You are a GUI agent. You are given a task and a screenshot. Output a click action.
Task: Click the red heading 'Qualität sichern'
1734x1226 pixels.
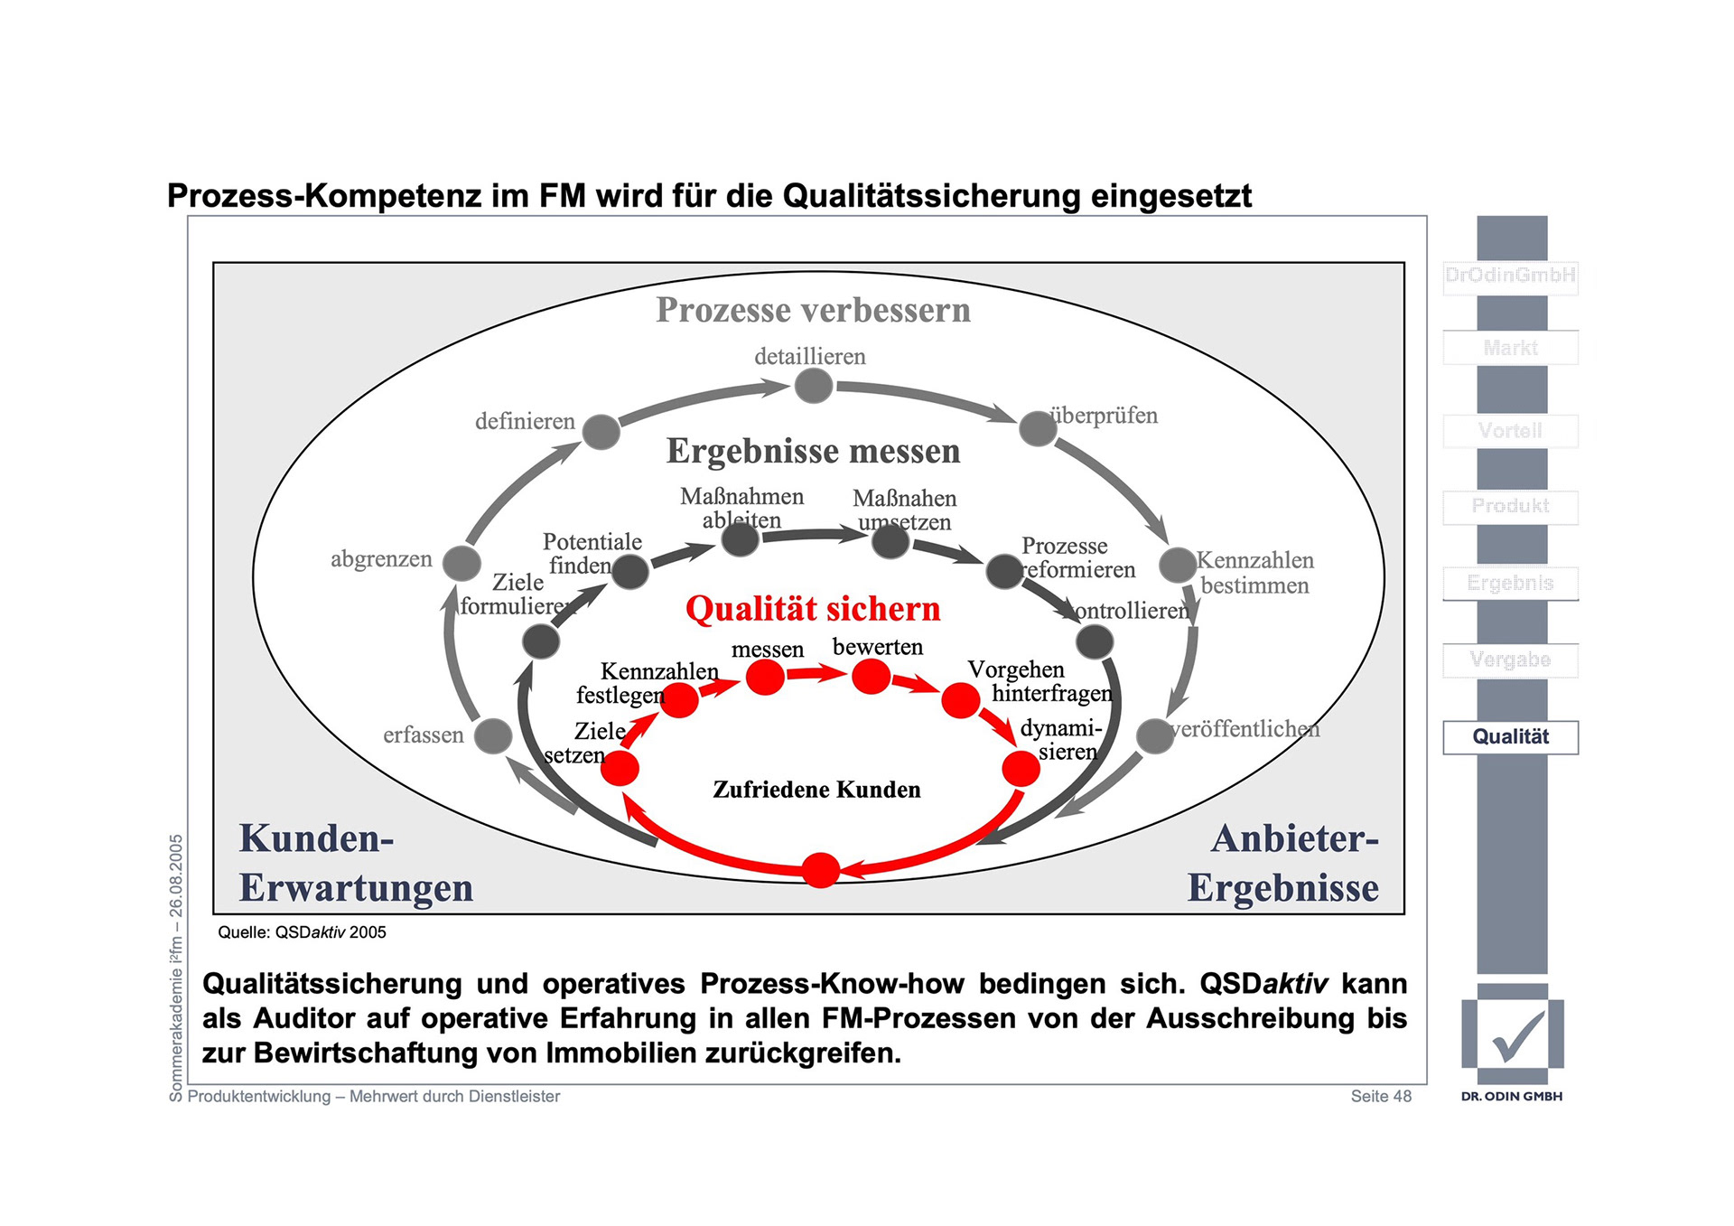812,609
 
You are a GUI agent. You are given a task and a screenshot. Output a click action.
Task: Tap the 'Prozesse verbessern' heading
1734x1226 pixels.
813,310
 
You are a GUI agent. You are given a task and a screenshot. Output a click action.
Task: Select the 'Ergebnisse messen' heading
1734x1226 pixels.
813,451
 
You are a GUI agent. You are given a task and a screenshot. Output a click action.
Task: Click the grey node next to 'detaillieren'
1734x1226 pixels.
813,386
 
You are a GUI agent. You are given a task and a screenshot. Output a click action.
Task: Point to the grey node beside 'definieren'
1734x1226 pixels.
601,432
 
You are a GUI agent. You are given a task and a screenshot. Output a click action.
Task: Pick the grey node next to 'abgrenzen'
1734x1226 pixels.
461,563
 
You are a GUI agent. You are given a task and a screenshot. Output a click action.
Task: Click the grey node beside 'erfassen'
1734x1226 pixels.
493,735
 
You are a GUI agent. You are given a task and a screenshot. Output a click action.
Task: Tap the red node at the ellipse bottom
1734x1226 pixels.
820,870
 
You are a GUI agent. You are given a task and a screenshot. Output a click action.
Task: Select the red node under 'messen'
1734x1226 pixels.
765,677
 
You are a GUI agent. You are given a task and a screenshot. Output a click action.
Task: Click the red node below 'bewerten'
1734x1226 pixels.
872,676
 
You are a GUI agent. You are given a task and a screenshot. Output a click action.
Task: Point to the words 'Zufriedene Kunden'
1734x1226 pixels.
816,790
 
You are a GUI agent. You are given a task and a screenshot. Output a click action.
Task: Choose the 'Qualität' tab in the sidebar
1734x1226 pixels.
1510,737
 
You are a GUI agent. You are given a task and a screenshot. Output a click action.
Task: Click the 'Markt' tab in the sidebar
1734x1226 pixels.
1510,348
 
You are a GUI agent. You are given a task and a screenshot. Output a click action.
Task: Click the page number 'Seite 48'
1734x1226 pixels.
1380,1096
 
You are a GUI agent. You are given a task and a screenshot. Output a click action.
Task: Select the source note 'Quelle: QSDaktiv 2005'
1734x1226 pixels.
302,932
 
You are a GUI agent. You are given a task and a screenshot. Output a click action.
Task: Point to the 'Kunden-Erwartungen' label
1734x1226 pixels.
356,863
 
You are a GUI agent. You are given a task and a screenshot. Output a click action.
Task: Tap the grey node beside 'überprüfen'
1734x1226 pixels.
1038,428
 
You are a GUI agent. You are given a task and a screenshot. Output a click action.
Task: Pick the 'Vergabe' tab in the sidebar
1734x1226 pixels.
1510,660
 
